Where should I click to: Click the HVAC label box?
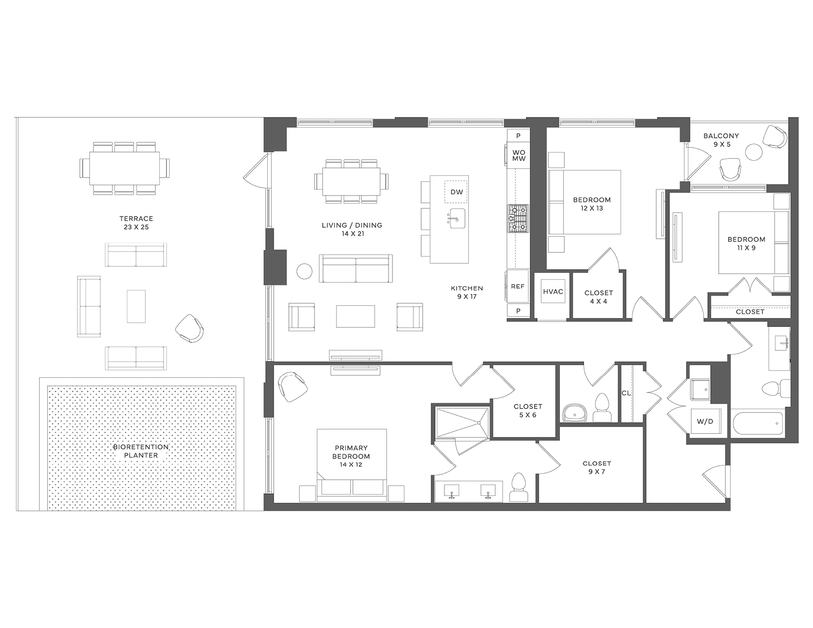coord(553,292)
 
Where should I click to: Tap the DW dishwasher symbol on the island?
coord(456,192)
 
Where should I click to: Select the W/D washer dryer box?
coord(705,421)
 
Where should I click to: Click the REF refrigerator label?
coord(518,286)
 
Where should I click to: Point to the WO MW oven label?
coord(519,156)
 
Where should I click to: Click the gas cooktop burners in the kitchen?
coord(518,218)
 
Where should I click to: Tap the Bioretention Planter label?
coord(141,451)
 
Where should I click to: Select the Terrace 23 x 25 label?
coord(136,223)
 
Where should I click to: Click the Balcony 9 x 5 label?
coord(721,140)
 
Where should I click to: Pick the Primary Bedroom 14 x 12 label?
coord(351,456)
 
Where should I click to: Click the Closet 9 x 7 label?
coord(596,467)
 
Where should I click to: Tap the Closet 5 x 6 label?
coord(527,410)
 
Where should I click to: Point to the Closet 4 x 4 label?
coord(598,297)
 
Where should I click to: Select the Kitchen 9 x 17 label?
coord(467,292)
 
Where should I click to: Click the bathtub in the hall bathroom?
coord(757,424)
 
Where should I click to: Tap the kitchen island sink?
coord(457,218)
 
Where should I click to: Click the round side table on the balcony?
coord(753,152)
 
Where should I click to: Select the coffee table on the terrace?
coord(136,306)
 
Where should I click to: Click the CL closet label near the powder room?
coord(626,393)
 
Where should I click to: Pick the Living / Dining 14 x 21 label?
coord(352,229)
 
